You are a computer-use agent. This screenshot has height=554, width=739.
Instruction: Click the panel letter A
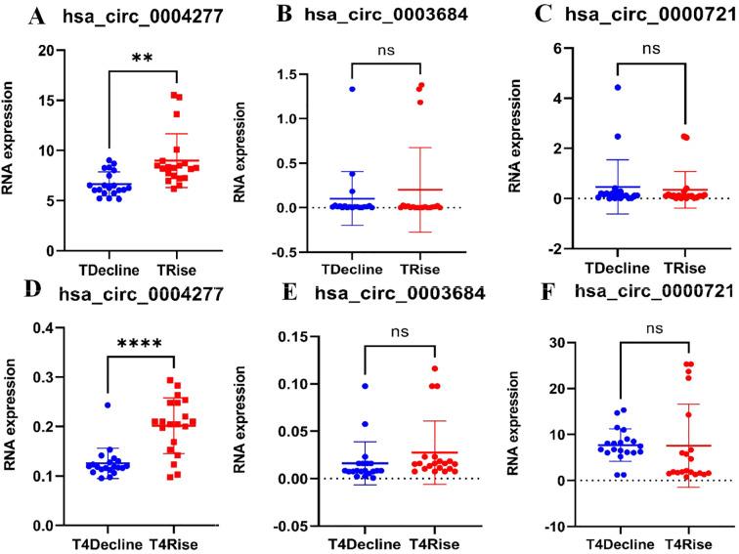[x=37, y=18]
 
